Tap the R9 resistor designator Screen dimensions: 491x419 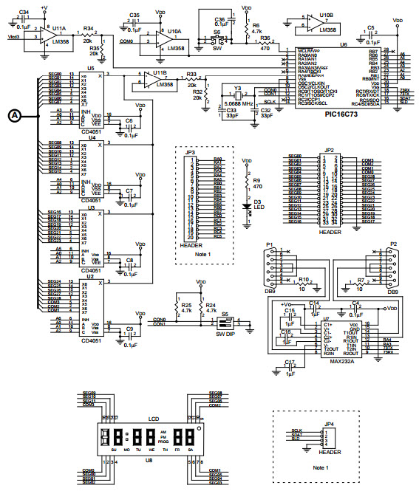257,181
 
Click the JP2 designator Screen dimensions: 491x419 327,150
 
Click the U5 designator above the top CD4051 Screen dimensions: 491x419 91,68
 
